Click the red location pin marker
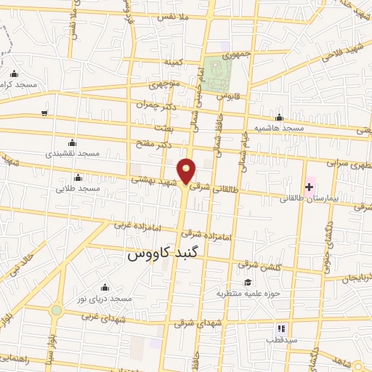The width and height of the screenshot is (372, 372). pyautogui.click(x=187, y=170)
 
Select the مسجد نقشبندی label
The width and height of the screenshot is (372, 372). pyautogui.click(x=71, y=154)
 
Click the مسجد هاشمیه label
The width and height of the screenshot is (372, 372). pyautogui.click(x=278, y=128)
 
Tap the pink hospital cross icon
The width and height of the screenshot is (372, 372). pyautogui.click(x=309, y=187)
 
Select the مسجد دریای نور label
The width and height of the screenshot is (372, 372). pyautogui.click(x=106, y=298)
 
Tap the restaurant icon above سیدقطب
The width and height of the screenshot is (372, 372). pyautogui.click(x=279, y=328)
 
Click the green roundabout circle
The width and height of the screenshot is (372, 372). pyautogui.click(x=56, y=310)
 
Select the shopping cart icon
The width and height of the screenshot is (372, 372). pyautogui.click(x=44, y=113)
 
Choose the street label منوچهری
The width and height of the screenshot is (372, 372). pyautogui.click(x=163, y=85)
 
